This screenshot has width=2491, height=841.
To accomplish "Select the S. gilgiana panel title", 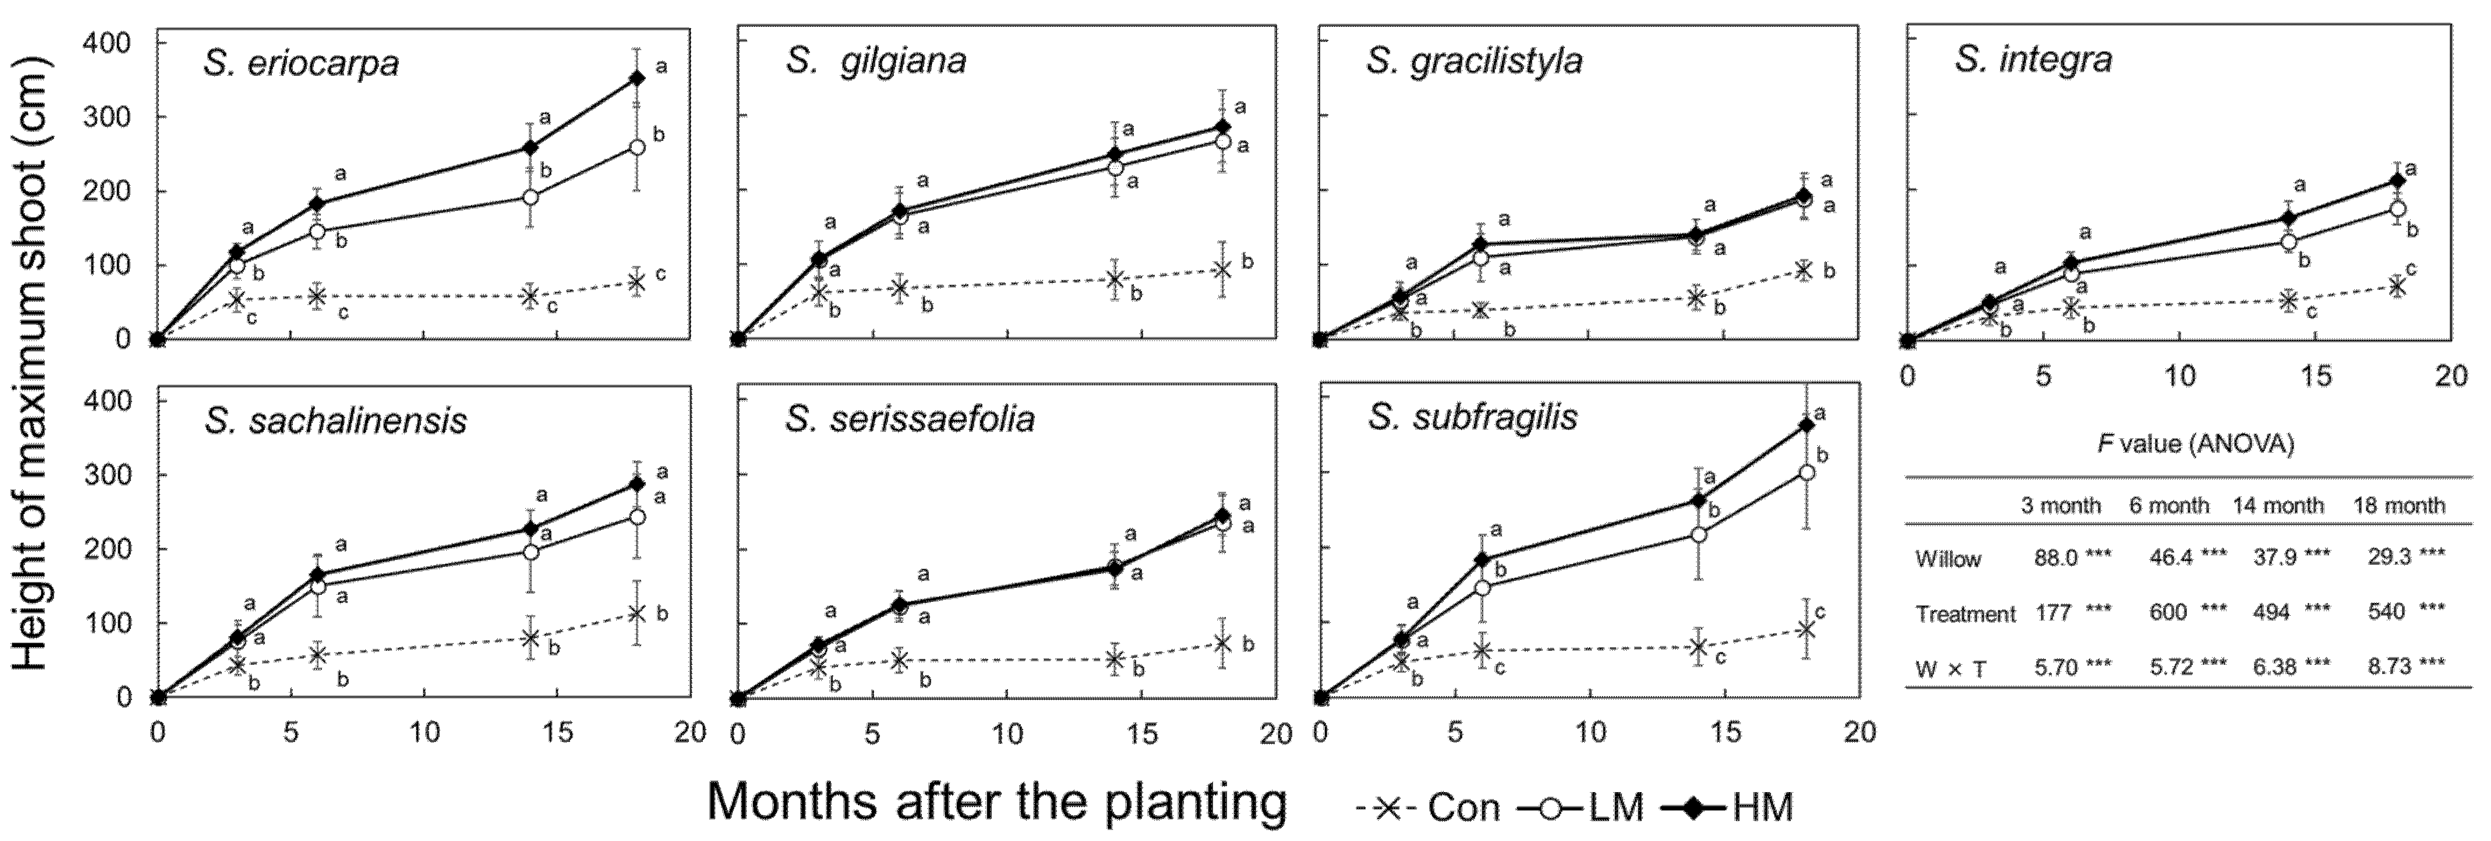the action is coord(875,62).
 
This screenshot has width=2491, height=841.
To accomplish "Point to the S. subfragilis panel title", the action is coord(1472,418).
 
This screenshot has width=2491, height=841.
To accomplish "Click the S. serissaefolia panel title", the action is coord(909,418).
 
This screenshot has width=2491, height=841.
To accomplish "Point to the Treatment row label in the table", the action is coord(1965,614).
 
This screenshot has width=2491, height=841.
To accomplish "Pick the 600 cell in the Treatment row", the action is coord(2169,612).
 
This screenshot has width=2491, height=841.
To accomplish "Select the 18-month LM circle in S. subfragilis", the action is coord(1805,473).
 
